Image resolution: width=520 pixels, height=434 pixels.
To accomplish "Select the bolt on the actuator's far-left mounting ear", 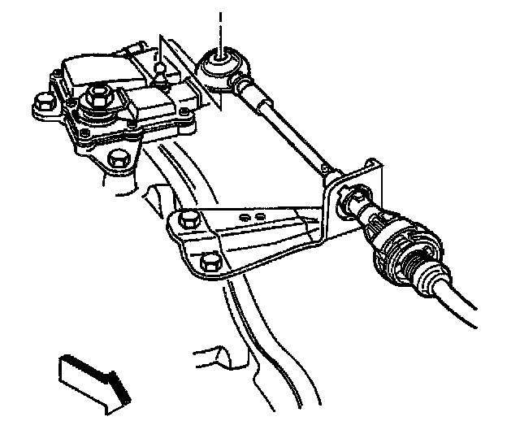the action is click(40, 104).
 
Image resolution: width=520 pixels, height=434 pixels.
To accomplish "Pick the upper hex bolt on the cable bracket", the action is click(189, 218).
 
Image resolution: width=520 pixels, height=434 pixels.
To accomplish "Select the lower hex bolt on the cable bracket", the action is click(208, 262).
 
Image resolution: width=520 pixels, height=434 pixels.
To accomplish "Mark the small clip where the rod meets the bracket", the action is click(326, 170).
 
